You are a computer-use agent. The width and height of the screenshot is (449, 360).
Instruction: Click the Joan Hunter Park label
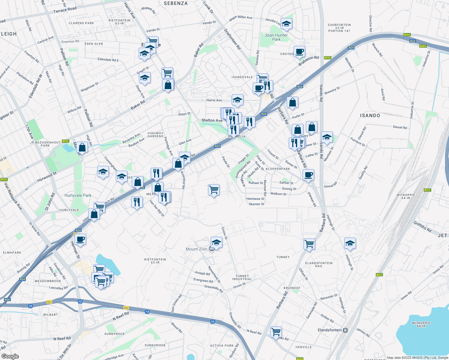click(x=276, y=37)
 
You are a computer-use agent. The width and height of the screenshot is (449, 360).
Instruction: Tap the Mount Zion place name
click(x=196, y=249)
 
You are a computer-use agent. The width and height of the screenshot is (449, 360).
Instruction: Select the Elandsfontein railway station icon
click(x=345, y=330)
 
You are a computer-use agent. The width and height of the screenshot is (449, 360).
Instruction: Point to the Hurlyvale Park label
click(x=78, y=196)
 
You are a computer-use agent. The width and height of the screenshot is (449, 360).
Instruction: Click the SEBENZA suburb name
click(x=176, y=4)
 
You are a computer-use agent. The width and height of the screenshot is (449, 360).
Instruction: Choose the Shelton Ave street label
click(x=212, y=120)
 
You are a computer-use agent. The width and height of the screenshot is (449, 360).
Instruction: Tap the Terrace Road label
click(x=65, y=10)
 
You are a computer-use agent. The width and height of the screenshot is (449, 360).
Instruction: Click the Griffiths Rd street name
click(x=422, y=227)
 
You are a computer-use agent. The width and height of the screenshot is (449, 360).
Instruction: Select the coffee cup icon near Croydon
click(x=299, y=52)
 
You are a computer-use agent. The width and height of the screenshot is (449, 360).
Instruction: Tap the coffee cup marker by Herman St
click(x=80, y=240)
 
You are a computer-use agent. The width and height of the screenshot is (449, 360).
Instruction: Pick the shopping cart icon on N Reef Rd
click(x=276, y=332)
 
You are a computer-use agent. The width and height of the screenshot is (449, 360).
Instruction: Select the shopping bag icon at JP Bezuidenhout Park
click(x=82, y=147)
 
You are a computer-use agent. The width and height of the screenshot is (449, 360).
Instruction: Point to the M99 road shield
click(x=423, y=46)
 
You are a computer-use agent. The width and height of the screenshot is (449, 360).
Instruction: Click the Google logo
click(x=10, y=356)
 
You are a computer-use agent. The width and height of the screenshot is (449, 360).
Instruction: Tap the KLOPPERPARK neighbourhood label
click(x=278, y=169)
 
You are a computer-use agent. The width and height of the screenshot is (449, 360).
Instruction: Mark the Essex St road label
click(x=224, y=233)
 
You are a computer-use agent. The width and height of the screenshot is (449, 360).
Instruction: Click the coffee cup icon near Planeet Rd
click(x=308, y=175)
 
